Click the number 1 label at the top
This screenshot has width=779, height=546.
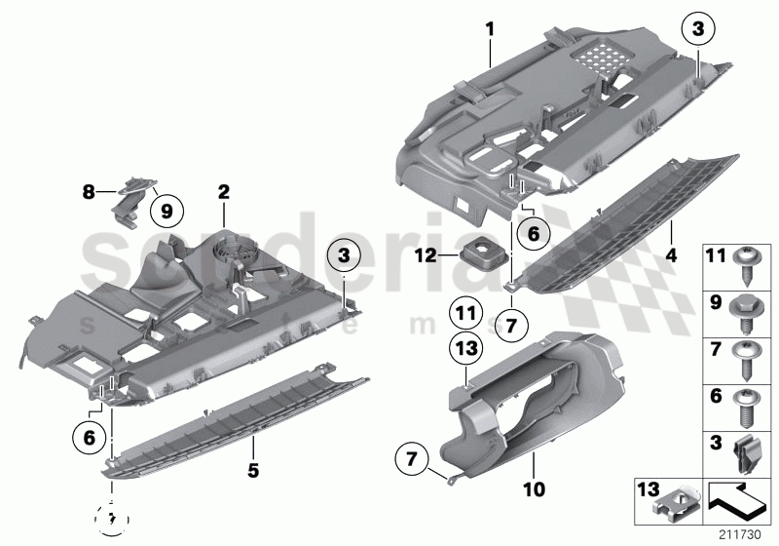pyautogui.click(x=491, y=30)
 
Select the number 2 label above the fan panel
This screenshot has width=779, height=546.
pyautogui.click(x=223, y=192)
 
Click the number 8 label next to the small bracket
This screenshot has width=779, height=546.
pyautogui.click(x=87, y=193)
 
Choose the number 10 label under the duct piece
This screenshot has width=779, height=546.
pyautogui.click(x=535, y=484)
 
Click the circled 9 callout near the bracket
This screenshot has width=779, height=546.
pyautogui.click(x=165, y=208)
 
